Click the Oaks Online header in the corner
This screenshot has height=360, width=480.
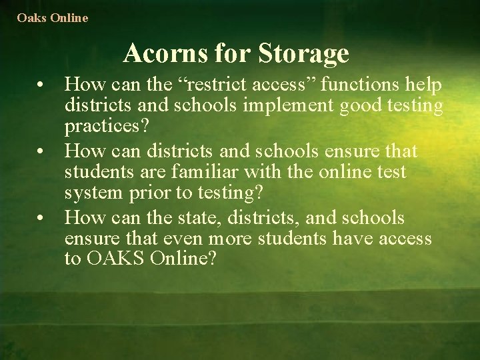coord(53,18)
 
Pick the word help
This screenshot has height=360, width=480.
coord(425,85)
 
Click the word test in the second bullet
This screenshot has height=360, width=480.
coord(391,172)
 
